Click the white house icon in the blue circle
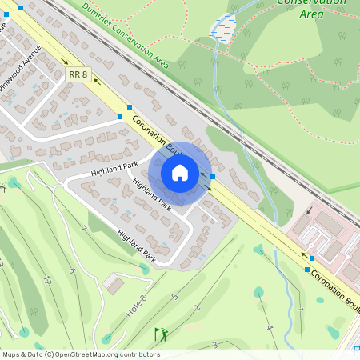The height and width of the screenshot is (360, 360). (x=180, y=173)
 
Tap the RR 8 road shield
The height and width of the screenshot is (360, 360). (x=77, y=74)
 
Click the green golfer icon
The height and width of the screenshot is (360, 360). (x=162, y=334)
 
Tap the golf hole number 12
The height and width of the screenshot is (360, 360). (x=47, y=281)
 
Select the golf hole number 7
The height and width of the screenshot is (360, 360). (x=82, y=228)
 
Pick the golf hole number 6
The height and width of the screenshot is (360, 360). (x=71, y=270)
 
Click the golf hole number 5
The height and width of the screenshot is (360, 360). (x=174, y=298)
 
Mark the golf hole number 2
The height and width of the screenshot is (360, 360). (x=197, y=307)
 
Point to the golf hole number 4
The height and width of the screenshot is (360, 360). (x=270, y=327)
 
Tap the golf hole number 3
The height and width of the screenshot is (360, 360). (x=214, y=344)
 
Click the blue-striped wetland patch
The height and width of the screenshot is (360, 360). (x=222, y=28)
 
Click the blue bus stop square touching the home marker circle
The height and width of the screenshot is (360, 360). (x=212, y=177)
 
